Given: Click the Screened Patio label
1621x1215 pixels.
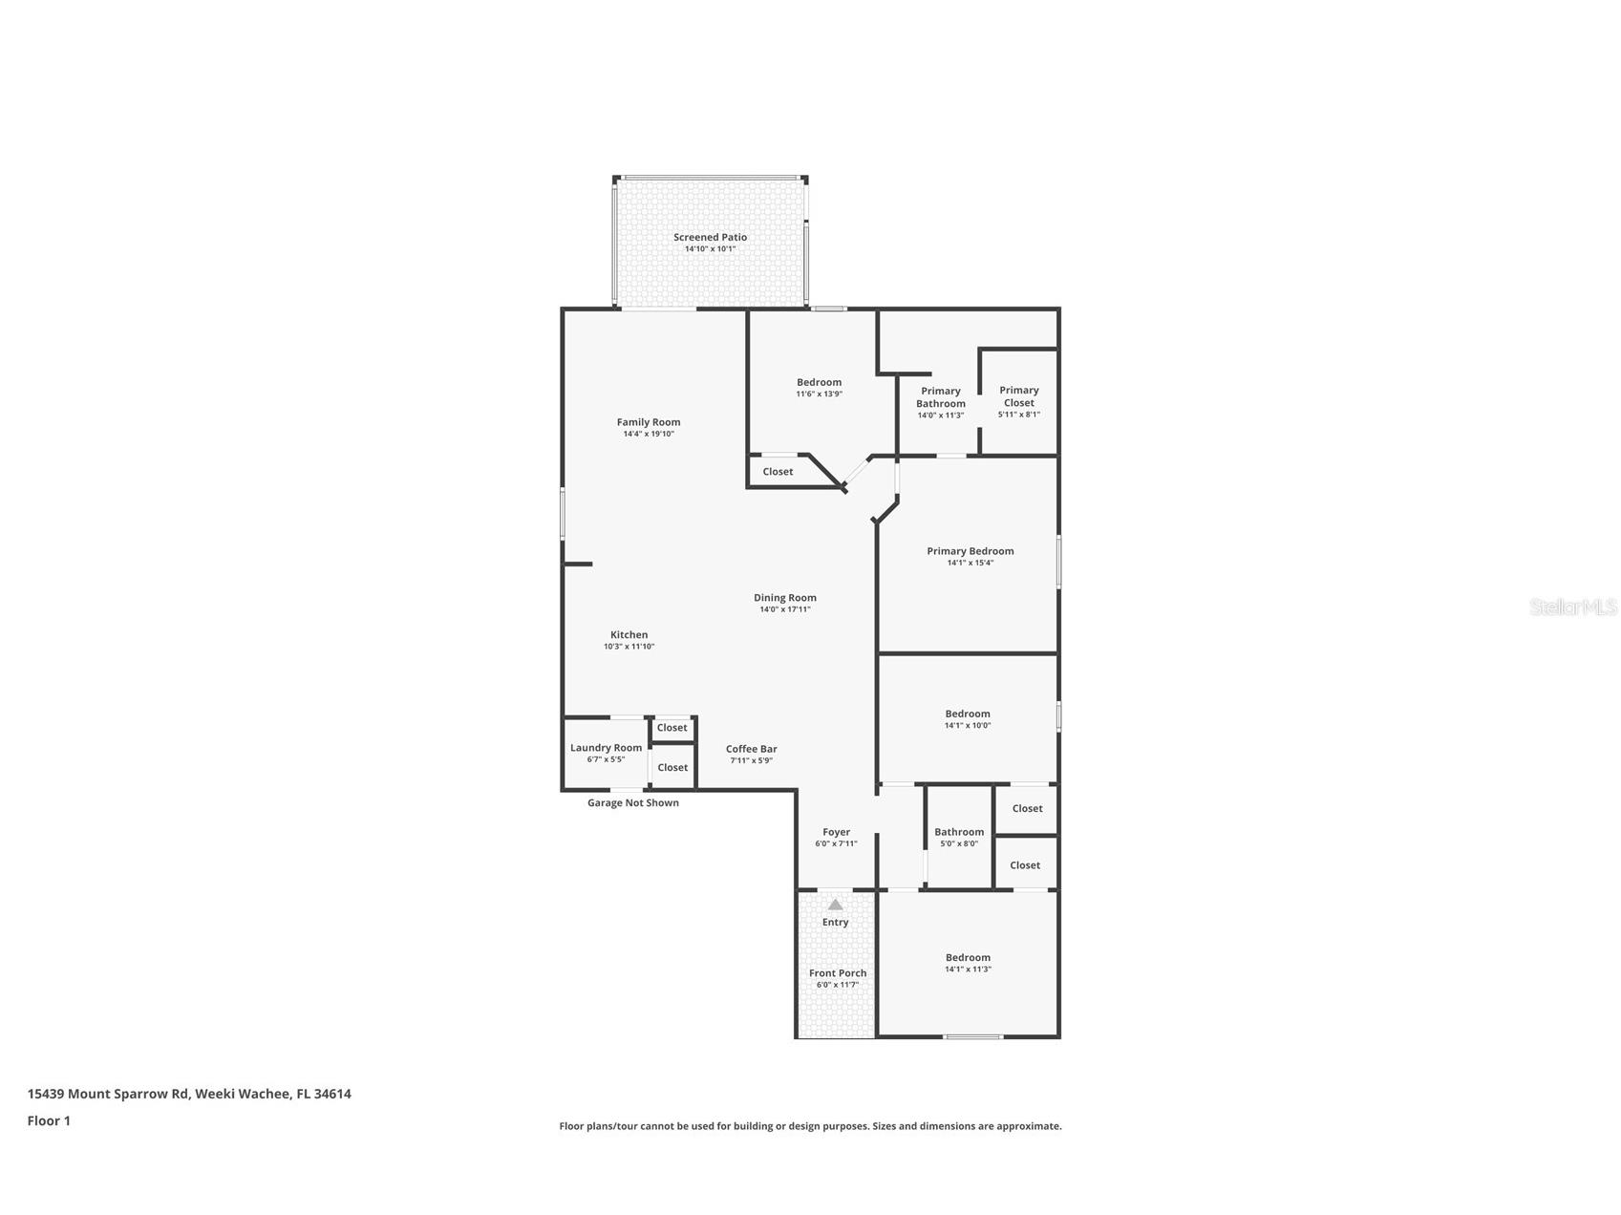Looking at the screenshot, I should [710, 238].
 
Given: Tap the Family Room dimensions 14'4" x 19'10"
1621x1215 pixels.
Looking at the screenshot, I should [649, 435].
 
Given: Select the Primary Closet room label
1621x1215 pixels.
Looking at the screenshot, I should [1018, 396].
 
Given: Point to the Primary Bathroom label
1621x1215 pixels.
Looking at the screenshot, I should [940, 397].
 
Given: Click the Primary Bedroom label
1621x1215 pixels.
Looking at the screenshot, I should [970, 551].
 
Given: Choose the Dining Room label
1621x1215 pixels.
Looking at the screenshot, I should [784, 598].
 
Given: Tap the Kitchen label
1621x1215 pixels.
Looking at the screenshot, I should [629, 635].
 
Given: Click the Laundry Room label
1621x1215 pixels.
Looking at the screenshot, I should [606, 748].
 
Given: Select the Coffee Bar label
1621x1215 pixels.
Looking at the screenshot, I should [751, 749].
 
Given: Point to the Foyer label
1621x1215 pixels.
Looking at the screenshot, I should [836, 832].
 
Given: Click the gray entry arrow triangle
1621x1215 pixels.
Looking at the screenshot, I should [835, 905].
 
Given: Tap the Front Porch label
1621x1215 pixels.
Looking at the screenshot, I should [838, 973].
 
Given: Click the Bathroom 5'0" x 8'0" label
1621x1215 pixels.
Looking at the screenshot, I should [959, 832].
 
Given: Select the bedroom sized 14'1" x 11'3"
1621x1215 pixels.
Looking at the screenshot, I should [968, 958].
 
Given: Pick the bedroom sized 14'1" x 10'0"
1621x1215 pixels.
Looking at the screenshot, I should [968, 714].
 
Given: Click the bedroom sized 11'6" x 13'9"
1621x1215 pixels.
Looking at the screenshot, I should [819, 383].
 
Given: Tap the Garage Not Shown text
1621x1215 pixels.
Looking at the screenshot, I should [632, 803].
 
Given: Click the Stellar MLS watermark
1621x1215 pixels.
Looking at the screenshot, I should [1572, 607].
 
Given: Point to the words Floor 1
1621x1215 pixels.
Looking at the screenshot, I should [49, 1121].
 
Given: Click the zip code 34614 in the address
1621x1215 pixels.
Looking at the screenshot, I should [331, 1095].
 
